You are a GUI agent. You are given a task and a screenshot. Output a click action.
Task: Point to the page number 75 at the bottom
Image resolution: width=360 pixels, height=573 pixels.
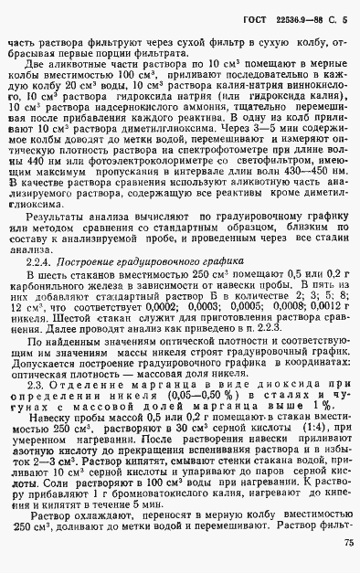[348, 544]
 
